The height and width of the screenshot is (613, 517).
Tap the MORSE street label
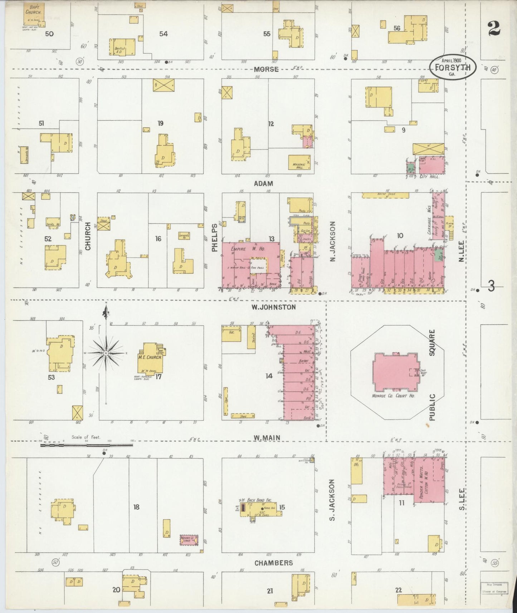(266, 69)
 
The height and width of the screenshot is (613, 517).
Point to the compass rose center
(106, 353)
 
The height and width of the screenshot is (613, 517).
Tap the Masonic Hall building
(299, 162)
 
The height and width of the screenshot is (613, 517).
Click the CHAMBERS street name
(274, 563)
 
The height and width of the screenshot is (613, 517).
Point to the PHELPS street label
(215, 237)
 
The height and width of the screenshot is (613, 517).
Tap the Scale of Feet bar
(86, 445)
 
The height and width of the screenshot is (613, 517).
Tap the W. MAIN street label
(267, 437)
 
